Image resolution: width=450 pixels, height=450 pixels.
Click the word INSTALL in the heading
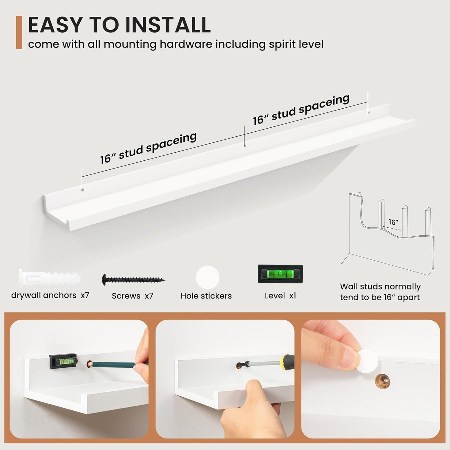pos(168,25)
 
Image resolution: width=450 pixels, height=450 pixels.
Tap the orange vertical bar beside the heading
pos(19,32)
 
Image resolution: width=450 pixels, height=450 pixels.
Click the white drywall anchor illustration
pos(50,279)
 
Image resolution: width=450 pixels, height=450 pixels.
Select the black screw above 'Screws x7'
pos(134,280)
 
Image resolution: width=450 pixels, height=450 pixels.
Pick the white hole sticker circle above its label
pos(208,278)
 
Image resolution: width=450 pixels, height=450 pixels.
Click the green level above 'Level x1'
pos(280,274)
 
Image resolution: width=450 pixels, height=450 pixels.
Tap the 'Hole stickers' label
pos(206,296)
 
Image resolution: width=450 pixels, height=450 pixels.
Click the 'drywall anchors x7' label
pos(50,296)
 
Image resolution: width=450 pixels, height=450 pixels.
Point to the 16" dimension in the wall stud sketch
pos(393,222)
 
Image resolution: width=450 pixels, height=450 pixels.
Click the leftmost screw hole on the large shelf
pos(82,190)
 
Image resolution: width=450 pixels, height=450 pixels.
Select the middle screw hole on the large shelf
pos(244,146)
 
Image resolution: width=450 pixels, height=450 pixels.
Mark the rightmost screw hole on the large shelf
pos(369,112)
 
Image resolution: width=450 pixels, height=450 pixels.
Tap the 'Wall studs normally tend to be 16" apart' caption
pos(380,292)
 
